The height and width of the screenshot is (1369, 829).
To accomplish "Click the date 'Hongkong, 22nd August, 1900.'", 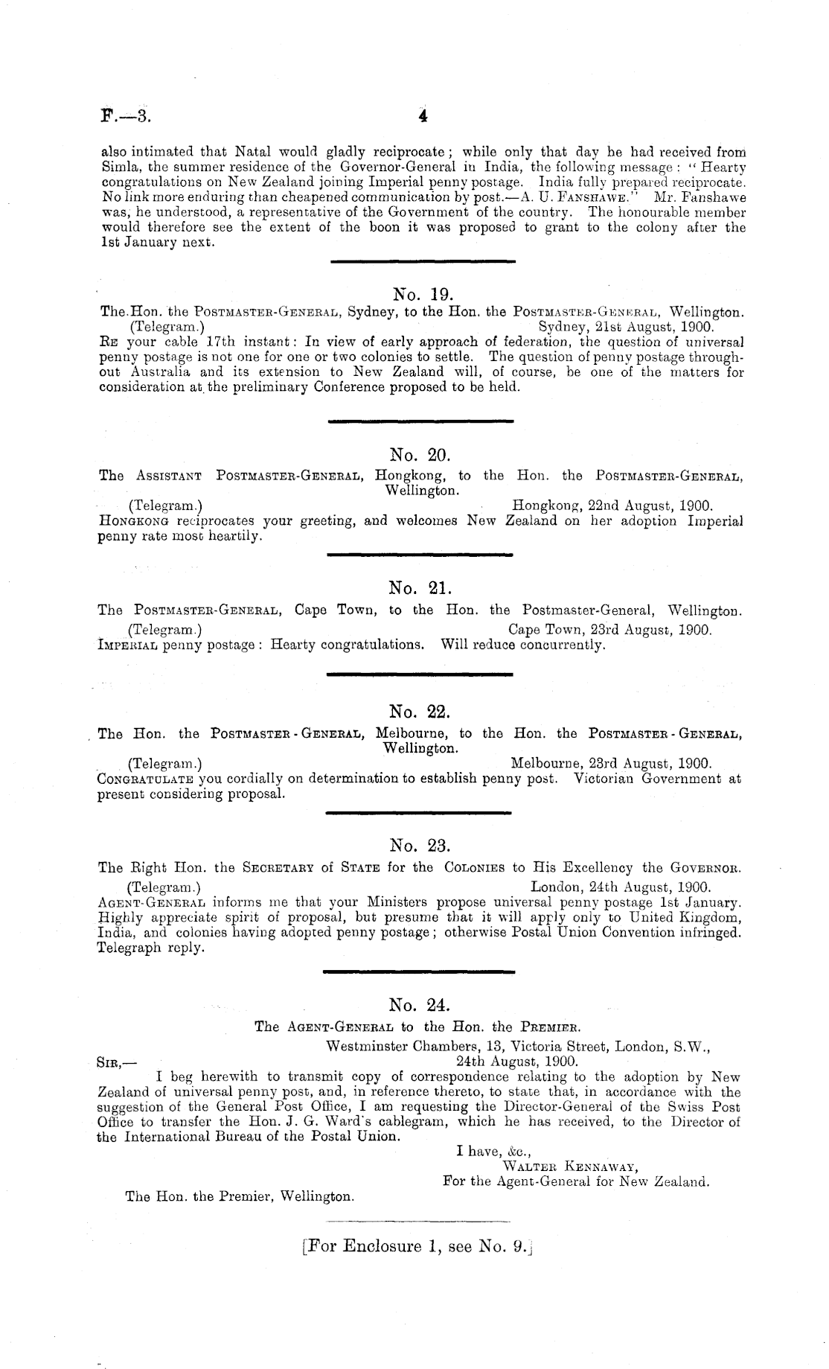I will tap(613, 505).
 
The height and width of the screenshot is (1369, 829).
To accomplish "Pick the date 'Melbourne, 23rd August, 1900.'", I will tap(612, 763).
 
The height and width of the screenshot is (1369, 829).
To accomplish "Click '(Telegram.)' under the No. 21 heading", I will tap(163, 630).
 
